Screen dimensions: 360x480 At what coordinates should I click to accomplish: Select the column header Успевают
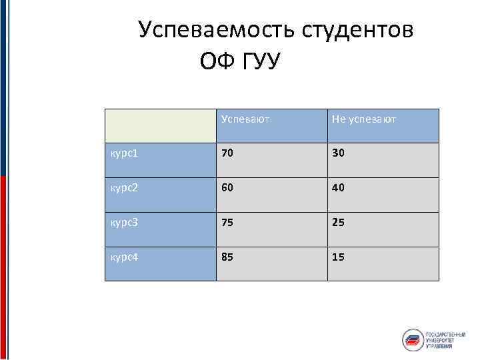pyautogui.click(x=246, y=119)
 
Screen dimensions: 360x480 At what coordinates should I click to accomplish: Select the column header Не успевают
pyautogui.click(x=363, y=119)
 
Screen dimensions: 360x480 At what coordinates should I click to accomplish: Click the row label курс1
pyautogui.click(x=125, y=153)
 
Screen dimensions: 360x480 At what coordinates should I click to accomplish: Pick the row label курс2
pyautogui.click(x=125, y=188)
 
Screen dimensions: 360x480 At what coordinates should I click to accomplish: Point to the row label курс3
pyautogui.click(x=125, y=222)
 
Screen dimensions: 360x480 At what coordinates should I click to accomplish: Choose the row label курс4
pyautogui.click(x=125, y=257)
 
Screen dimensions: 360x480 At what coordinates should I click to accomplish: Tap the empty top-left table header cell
pyautogui.click(x=160, y=125)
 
